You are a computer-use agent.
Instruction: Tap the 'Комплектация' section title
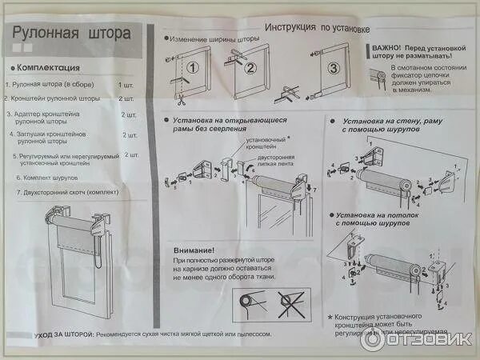pos(50,67)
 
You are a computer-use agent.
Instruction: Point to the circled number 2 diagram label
pos(249,68)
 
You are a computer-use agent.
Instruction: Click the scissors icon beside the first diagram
pos(182,101)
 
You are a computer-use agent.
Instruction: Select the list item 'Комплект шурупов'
pos(50,177)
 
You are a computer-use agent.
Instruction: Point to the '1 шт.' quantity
pos(126,84)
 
